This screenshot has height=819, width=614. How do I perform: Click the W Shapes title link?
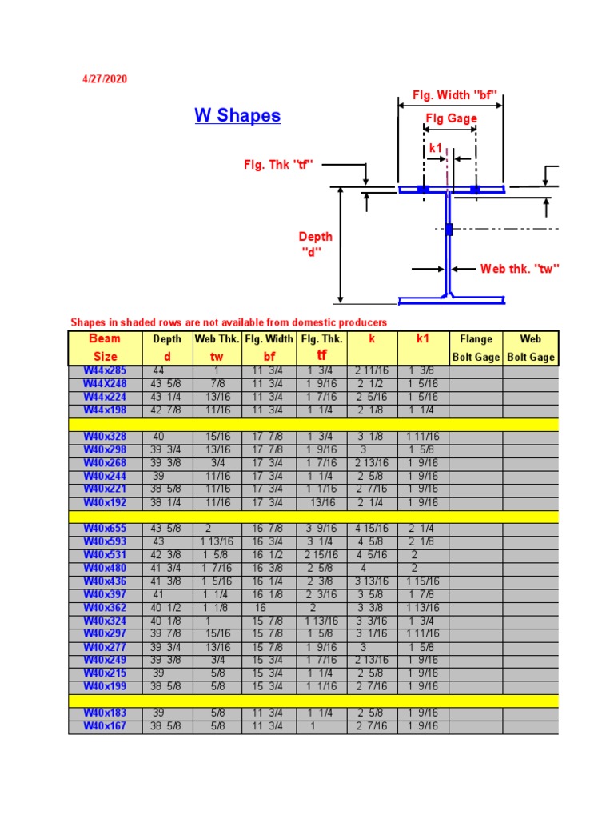click(237, 115)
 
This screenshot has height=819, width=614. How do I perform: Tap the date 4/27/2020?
click(105, 79)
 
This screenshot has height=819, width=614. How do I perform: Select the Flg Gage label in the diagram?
click(451, 118)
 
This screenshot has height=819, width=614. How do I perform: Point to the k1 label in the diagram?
click(436, 147)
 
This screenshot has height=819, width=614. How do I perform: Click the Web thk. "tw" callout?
click(519, 269)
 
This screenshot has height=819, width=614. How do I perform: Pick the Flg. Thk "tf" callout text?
click(278, 165)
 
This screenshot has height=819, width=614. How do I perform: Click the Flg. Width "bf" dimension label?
click(455, 95)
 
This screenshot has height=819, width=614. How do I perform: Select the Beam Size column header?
click(105, 348)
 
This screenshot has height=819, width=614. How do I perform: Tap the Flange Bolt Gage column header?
click(476, 348)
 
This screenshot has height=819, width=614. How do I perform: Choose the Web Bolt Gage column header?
click(530, 348)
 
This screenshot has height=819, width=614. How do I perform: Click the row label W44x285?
click(105, 370)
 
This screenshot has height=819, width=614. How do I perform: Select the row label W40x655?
click(105, 529)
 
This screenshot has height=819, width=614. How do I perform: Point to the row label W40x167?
click(105, 726)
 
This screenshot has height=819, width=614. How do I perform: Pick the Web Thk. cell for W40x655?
click(217, 529)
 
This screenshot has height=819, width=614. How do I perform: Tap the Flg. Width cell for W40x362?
click(269, 608)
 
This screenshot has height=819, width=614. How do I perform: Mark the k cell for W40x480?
click(373, 568)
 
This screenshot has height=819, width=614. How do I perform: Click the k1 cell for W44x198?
click(422, 410)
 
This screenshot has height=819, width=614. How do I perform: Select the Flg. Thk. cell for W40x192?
click(321, 503)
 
